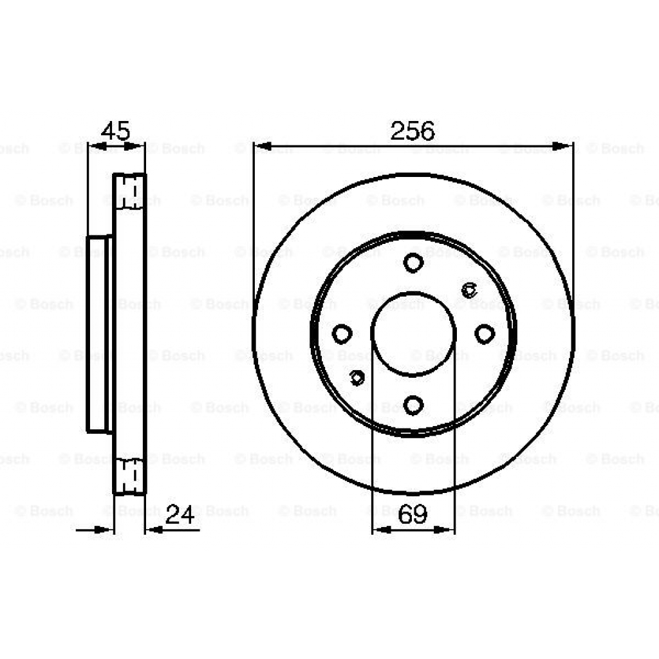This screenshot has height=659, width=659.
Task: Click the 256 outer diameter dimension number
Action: tap(413, 131)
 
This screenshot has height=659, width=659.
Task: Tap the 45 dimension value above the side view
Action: tap(116, 131)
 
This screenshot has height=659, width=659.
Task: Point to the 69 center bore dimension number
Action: tap(413, 515)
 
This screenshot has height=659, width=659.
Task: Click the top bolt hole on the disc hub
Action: tap(413, 263)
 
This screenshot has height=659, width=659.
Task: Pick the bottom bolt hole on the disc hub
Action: tap(413, 405)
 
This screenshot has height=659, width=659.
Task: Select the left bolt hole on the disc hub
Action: tap(342, 333)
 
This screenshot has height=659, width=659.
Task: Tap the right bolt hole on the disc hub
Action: tap(485, 333)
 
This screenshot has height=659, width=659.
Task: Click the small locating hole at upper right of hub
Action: tap(469, 290)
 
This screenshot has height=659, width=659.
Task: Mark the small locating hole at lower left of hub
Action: tap(357, 378)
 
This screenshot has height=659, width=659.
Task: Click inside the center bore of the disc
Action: tap(413, 333)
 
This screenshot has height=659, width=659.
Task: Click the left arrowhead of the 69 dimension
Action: tap(380, 530)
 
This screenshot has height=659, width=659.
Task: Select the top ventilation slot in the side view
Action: tap(129, 191)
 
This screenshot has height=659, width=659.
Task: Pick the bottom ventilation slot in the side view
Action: tap(129, 476)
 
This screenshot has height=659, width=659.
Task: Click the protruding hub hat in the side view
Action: tap(99, 334)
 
